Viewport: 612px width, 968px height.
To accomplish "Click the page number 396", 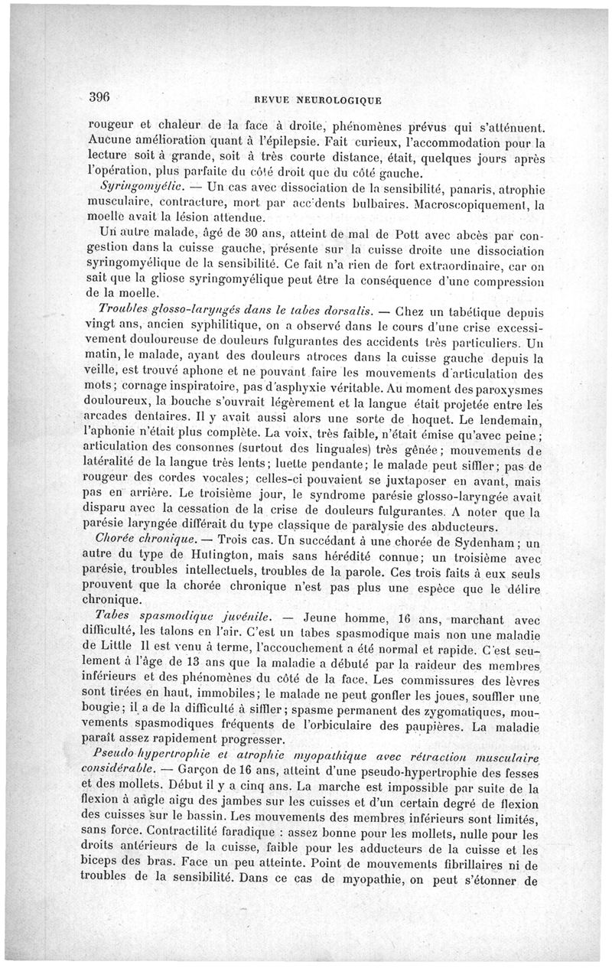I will tap(100, 96).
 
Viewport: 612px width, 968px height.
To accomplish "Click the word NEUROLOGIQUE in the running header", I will tap(333, 99).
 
